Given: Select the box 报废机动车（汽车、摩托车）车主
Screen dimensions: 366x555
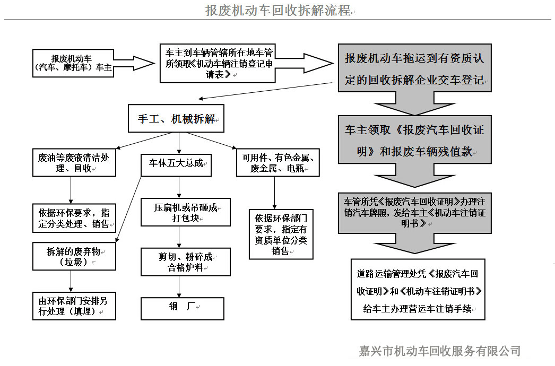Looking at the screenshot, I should (73, 63).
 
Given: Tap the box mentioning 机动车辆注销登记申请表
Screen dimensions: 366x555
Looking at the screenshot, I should (218, 63).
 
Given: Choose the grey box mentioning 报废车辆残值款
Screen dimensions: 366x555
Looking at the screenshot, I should (414, 141).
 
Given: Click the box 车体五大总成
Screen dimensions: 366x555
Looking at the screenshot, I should (176, 164).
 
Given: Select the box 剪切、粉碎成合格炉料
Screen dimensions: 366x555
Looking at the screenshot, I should (185, 262).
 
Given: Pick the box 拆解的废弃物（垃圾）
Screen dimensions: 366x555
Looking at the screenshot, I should (74, 257).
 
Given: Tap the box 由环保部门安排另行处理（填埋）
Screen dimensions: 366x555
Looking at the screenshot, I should (74, 306).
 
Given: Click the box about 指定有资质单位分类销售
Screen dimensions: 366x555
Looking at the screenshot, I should (281, 234).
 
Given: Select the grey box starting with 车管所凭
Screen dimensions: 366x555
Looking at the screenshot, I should (414, 212).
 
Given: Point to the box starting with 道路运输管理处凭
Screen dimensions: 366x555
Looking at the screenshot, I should (418, 290).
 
